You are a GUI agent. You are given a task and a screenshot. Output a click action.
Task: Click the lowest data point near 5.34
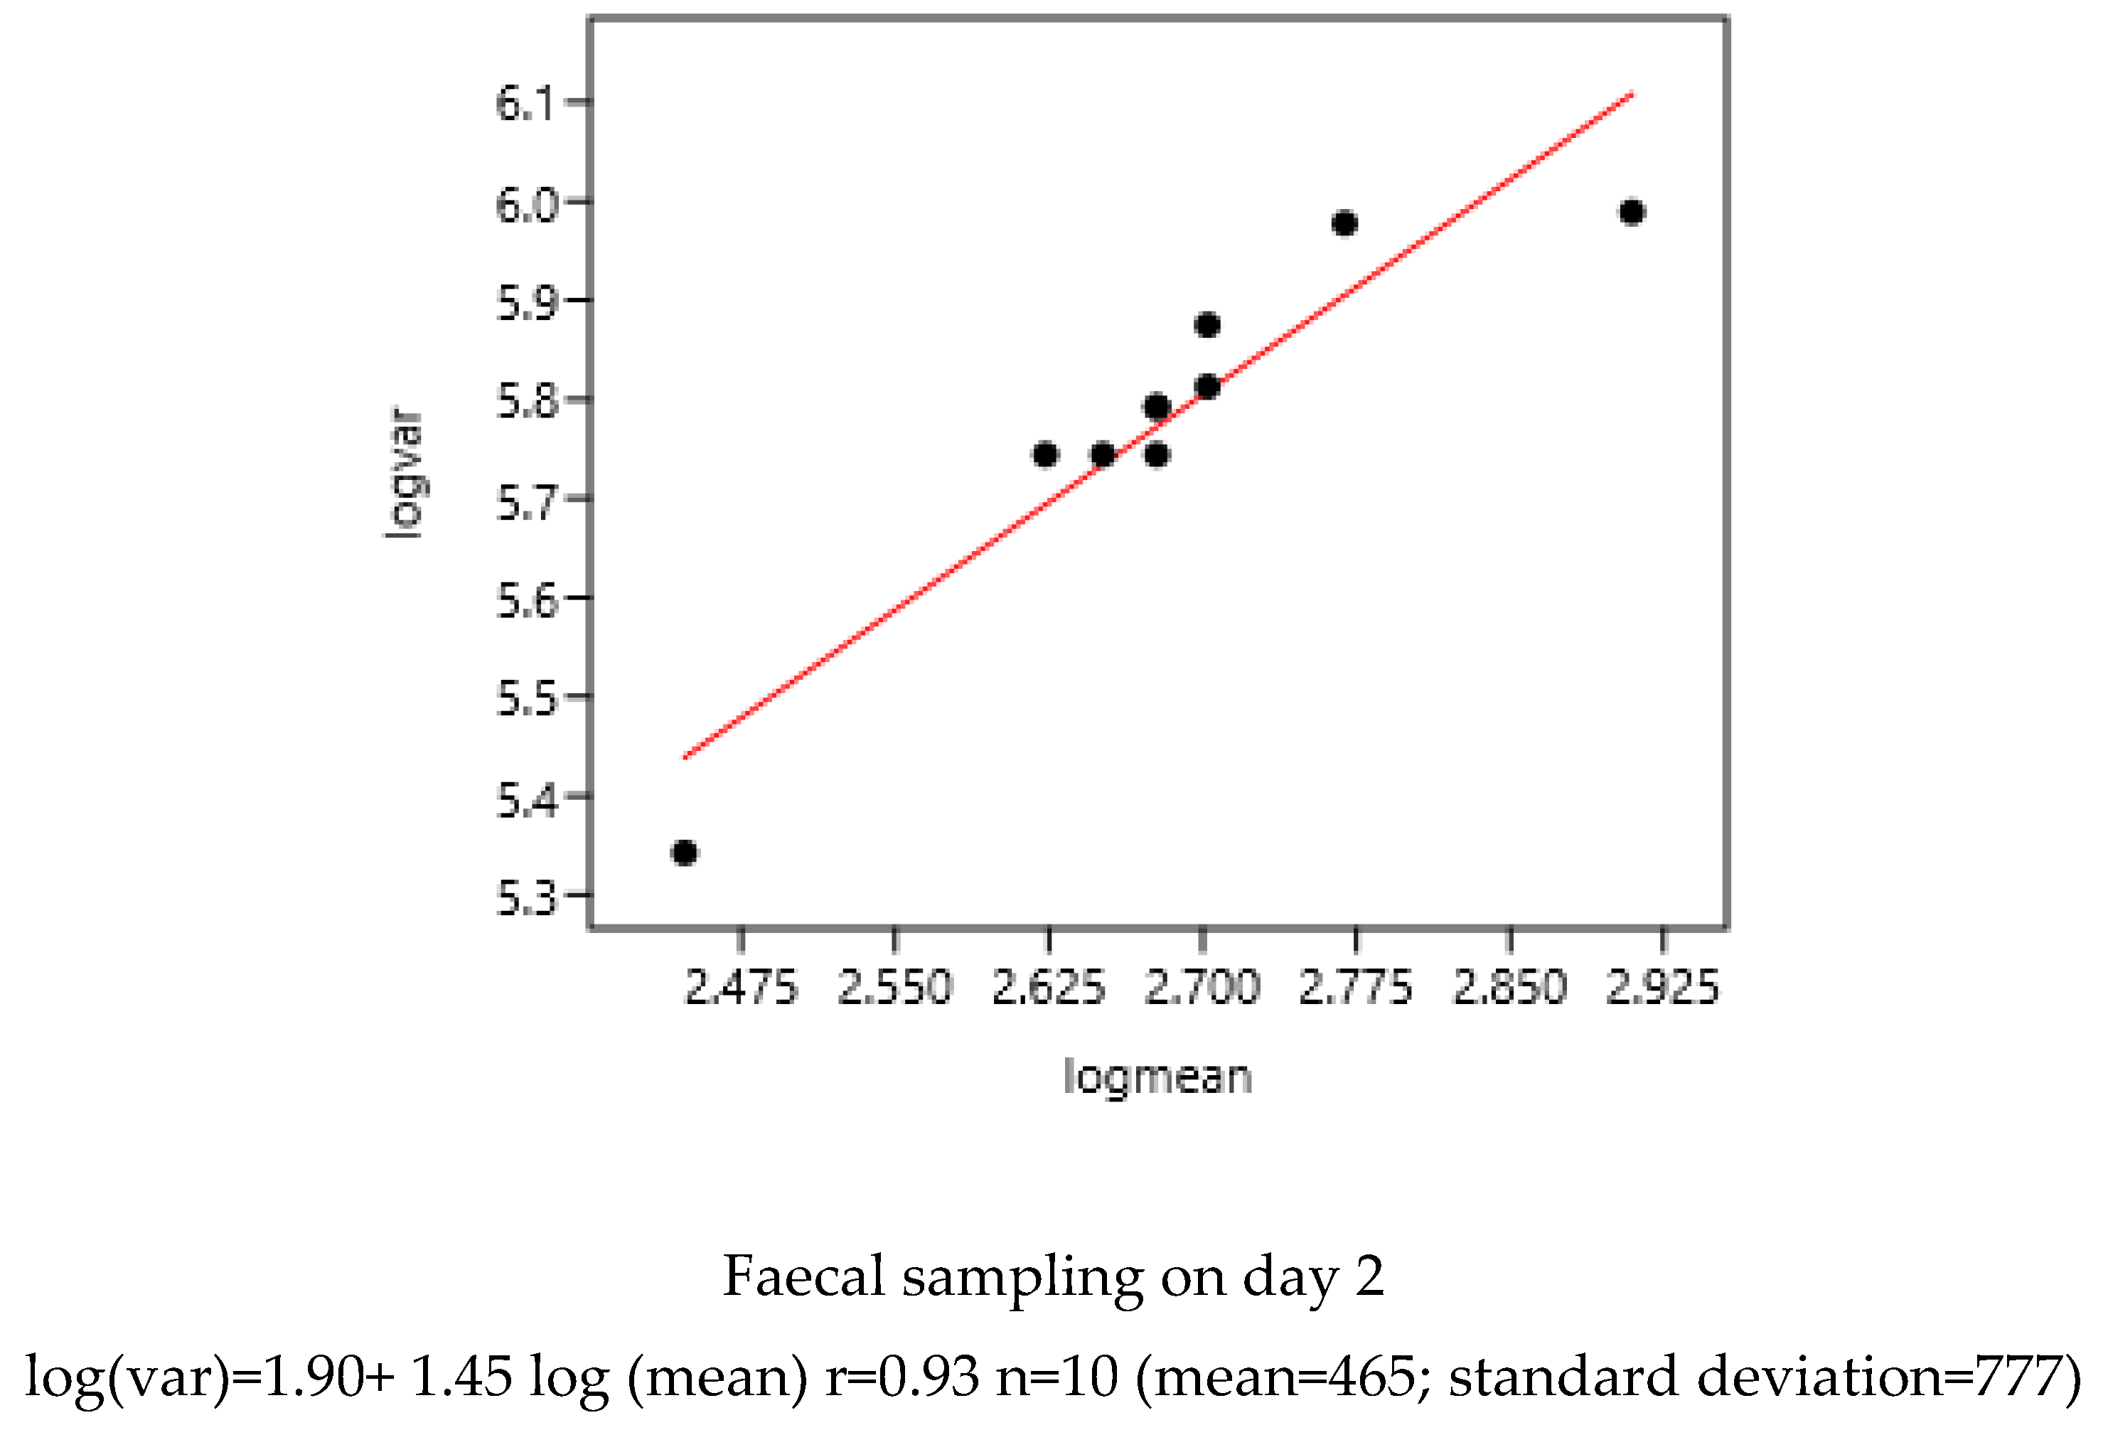tap(685, 852)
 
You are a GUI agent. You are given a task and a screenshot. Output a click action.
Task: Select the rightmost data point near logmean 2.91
tap(1631, 213)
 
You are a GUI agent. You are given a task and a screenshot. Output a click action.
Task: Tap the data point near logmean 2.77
tap(1344, 223)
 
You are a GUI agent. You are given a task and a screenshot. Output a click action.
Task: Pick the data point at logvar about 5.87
tap(1207, 325)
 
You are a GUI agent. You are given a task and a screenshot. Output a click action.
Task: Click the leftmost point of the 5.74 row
tap(1045, 454)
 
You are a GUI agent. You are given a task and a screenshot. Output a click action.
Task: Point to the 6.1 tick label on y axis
tap(525, 103)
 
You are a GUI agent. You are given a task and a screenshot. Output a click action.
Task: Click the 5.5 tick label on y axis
tap(525, 699)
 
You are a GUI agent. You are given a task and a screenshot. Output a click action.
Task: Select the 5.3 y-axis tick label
tap(525, 897)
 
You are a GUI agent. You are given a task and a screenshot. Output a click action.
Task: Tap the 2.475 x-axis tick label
tap(741, 987)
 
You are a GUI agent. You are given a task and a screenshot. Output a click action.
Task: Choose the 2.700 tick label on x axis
tap(1202, 987)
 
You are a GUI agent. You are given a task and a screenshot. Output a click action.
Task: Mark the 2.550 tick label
tap(894, 987)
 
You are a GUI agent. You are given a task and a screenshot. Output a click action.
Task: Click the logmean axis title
tap(1157, 1078)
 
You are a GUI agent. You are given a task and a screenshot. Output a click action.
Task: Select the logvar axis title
tap(405, 474)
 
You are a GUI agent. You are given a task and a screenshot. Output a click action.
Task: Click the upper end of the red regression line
tap(1631, 93)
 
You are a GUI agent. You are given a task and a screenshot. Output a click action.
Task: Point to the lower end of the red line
tap(687, 756)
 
